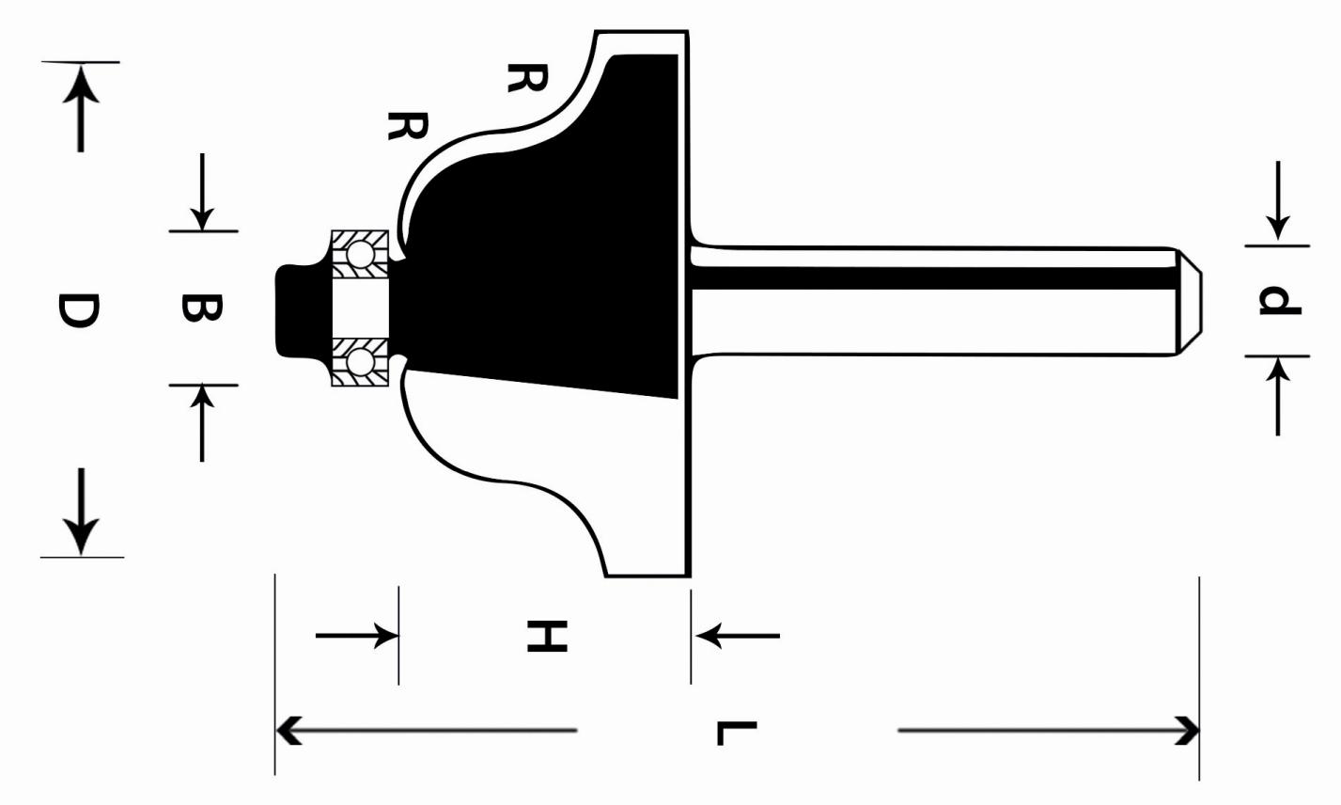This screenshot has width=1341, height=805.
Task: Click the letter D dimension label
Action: (78, 311)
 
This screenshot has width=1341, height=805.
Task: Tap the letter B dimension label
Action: (202, 308)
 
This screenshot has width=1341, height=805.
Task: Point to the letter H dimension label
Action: (547, 636)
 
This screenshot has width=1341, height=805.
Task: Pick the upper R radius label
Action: (527, 78)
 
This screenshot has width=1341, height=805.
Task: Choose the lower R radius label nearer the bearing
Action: (408, 126)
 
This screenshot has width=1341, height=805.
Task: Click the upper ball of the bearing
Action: (361, 254)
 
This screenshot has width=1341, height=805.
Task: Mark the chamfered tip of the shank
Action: (1190, 301)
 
